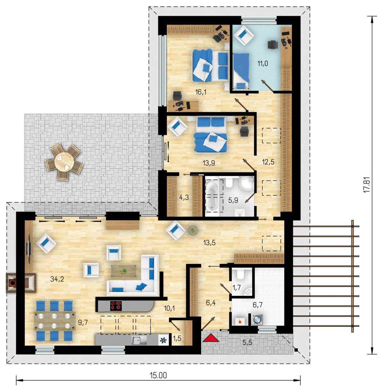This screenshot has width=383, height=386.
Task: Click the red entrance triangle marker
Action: click(x=211, y=338)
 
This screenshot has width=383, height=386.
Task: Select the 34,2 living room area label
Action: click(x=57, y=279)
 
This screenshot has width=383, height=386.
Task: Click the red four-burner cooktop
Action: click(x=116, y=306)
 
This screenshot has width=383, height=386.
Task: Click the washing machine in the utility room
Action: click(x=256, y=319)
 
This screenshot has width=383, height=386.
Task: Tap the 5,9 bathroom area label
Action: click(x=233, y=200)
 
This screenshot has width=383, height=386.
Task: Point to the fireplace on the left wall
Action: click(x=21, y=283)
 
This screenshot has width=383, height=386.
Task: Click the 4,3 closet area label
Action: click(x=184, y=198)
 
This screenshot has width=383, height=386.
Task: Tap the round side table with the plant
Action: click(x=193, y=231)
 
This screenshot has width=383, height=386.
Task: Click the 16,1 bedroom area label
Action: click(x=201, y=92)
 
